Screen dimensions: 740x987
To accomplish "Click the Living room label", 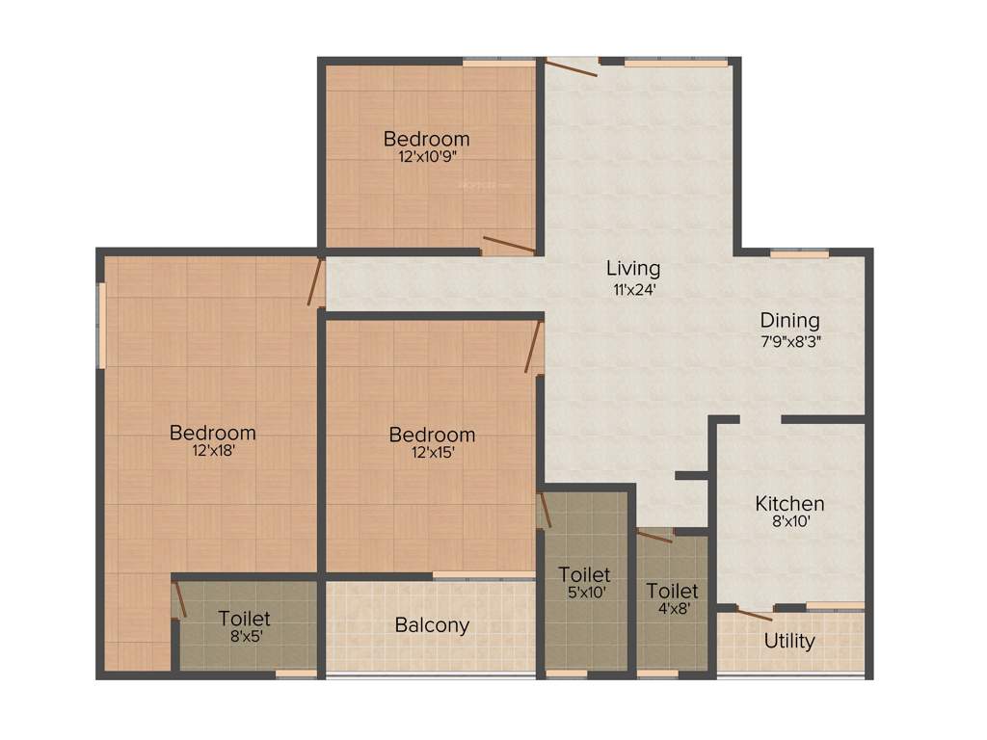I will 633,268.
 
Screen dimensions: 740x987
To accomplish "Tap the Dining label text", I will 789,321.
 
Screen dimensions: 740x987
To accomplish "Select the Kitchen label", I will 789,504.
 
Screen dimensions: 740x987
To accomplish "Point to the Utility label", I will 789,641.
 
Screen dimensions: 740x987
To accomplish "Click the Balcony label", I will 432,625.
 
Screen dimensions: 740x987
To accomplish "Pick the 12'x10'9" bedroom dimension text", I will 426,155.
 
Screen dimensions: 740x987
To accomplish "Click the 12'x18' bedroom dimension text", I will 213,449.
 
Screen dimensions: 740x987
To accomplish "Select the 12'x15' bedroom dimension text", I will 432,452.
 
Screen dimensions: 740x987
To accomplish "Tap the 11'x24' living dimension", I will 633,287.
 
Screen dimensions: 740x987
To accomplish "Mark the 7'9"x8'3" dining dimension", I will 789,340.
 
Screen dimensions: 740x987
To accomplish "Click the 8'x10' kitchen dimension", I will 789,521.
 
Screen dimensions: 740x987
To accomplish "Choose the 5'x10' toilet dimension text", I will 584,594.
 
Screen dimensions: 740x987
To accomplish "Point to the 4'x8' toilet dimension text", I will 672,608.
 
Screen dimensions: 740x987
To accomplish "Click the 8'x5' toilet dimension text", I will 244,635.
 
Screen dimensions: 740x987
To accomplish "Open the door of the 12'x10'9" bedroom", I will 508,245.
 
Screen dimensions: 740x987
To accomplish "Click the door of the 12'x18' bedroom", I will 315,281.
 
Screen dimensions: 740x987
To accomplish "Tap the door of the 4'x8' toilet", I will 654,536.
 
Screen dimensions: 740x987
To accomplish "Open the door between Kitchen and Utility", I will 754,614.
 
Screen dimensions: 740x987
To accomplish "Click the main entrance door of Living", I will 572,67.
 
